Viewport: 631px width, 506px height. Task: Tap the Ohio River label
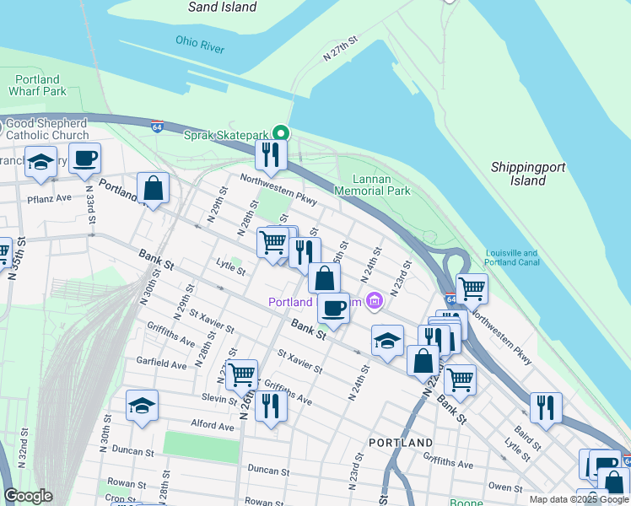pyautogui.click(x=200, y=44)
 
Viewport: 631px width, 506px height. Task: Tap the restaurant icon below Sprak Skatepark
pyautogui.click(x=271, y=154)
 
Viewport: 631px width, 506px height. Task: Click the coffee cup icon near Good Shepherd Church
pyautogui.click(x=84, y=158)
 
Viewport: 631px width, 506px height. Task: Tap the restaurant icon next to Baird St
pyautogui.click(x=545, y=408)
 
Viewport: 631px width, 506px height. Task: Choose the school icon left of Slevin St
pyautogui.click(x=142, y=406)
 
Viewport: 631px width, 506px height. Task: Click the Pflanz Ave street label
pyautogui.click(x=52, y=198)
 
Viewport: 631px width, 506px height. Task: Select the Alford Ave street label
pyautogui.click(x=212, y=427)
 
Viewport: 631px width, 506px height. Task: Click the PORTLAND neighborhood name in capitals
pyautogui.click(x=401, y=442)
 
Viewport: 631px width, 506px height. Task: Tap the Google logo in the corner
pyautogui.click(x=27, y=497)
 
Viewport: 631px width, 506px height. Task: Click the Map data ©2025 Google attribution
pyautogui.click(x=578, y=499)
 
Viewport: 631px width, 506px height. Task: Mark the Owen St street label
pyautogui.click(x=505, y=487)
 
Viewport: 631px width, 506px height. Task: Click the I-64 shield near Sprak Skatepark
pyautogui.click(x=157, y=126)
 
